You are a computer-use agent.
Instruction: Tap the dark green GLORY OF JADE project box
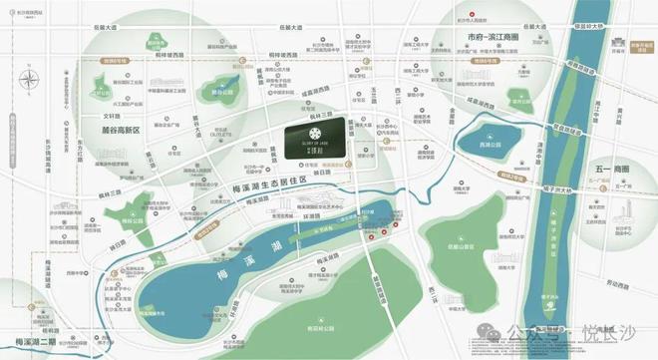[x=316, y=139]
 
